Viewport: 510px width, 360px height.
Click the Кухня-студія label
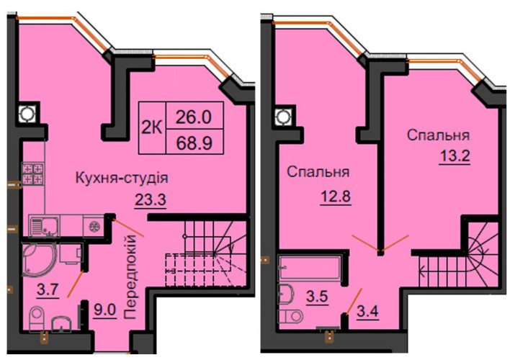coord(122,179)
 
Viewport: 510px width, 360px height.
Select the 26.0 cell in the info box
coord(194,117)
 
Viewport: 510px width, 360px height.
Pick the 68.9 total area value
coord(194,143)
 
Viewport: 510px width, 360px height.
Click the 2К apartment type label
coord(151,129)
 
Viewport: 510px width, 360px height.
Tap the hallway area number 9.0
coord(104,310)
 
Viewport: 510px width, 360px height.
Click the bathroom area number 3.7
coord(48,289)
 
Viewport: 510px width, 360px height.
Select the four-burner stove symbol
coord(33,174)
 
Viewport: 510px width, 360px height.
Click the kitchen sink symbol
coord(44,225)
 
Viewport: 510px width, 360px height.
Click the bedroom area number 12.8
coord(336,197)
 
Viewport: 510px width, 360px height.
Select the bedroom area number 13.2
coord(455,156)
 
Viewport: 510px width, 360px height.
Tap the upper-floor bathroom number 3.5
coord(317,297)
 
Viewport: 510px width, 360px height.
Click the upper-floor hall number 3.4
coord(368,312)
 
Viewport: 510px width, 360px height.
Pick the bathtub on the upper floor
coord(310,268)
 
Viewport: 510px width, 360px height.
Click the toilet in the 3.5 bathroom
coord(290,316)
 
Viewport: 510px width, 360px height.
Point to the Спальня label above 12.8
coord(318,172)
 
